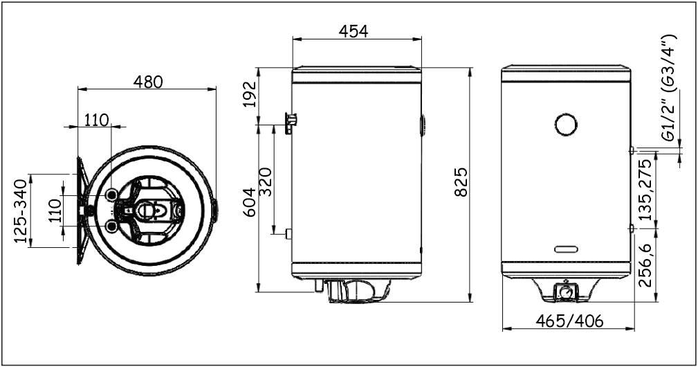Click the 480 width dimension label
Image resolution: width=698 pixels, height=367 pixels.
click(147, 81)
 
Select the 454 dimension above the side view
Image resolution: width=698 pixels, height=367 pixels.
click(353, 31)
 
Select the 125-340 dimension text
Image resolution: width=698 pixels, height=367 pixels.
click(20, 212)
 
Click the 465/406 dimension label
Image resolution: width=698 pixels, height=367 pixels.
click(569, 321)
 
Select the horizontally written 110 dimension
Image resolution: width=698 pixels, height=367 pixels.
click(96, 120)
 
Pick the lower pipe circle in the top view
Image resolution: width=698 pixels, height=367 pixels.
click(111, 225)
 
